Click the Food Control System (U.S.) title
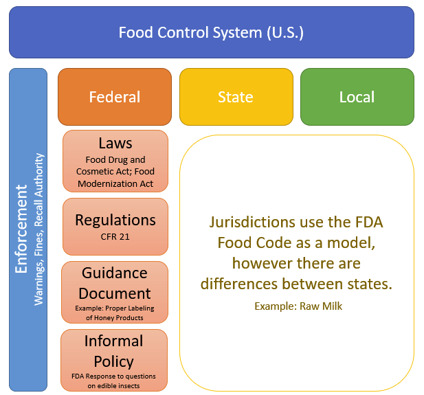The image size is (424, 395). (x=211, y=32)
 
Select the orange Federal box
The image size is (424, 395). (x=115, y=97)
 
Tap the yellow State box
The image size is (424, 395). (x=236, y=97)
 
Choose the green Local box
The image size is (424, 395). (x=357, y=97)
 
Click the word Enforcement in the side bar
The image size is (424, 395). (x=22, y=229)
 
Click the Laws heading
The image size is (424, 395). (x=115, y=143)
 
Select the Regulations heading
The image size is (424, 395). (x=115, y=220)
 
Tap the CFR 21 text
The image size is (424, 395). (x=115, y=237)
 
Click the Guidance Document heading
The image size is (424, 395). (x=115, y=284)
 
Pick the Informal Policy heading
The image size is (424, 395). (x=113, y=351)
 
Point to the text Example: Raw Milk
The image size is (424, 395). (x=298, y=306)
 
